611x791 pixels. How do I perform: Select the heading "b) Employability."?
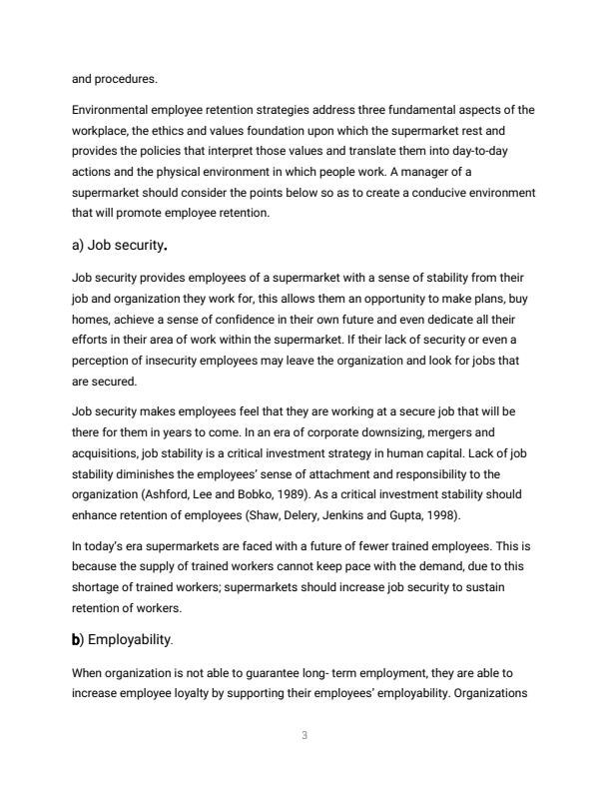(x=124, y=638)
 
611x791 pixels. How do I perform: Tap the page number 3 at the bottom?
(x=305, y=736)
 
